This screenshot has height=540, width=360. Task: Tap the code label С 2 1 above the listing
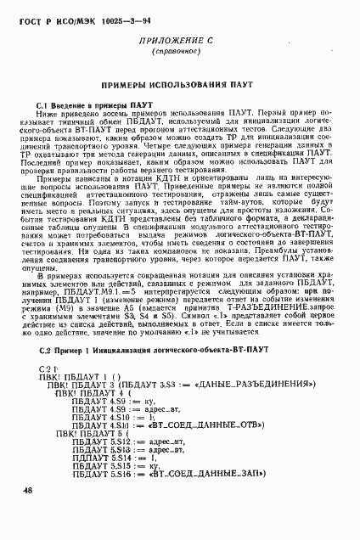pos(49,367)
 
